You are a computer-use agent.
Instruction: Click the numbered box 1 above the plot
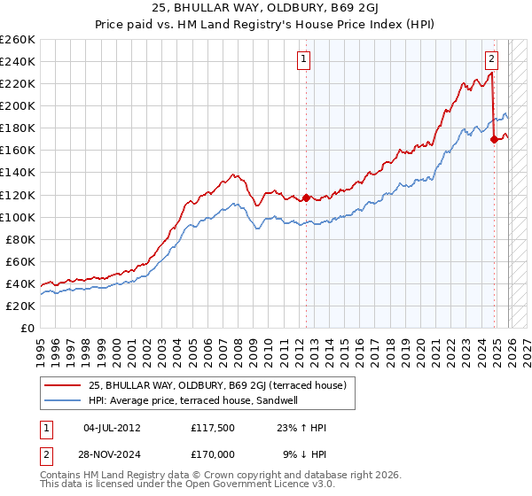[x=304, y=59]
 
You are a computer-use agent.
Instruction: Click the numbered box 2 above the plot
[x=491, y=59]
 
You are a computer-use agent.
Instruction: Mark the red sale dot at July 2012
[x=307, y=198]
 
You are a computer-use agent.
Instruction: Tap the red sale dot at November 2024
[x=494, y=139]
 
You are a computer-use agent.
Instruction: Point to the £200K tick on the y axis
[x=18, y=105]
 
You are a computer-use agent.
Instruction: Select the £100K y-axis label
[x=18, y=217]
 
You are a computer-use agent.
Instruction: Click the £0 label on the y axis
[x=27, y=328]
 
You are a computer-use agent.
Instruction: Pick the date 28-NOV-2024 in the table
[x=111, y=454]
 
